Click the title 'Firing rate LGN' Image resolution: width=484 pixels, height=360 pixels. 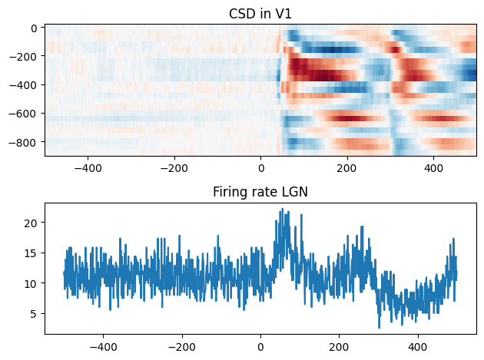260,192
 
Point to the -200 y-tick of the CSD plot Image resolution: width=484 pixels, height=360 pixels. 25,56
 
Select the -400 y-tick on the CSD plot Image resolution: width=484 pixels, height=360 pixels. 25,85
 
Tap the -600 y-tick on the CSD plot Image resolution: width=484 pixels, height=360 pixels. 25,114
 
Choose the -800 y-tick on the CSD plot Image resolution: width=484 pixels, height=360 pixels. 25,142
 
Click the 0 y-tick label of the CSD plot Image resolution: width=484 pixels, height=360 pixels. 35,28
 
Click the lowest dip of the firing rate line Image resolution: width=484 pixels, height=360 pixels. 379,328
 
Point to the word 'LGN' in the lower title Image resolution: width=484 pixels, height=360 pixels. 294,192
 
